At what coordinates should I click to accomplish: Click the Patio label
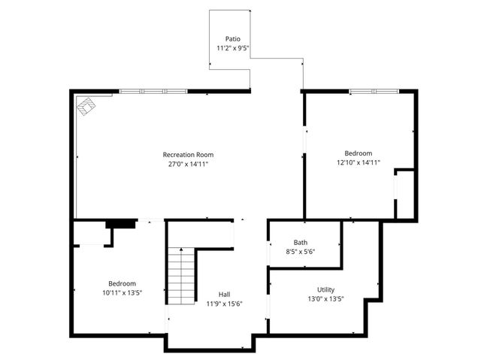coord(233,38)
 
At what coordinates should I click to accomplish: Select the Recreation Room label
coord(183,155)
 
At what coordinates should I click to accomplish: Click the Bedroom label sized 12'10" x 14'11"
coord(358,152)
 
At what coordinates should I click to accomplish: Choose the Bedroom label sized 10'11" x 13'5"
coord(122,283)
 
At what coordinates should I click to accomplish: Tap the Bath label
coord(301,242)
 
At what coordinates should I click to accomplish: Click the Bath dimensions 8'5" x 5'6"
coord(300,252)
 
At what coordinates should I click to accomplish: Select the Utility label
coord(326,289)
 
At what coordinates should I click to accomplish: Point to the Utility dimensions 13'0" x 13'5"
coord(325,298)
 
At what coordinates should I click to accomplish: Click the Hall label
coord(225,294)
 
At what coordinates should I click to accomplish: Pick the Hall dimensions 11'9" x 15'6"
coord(225,304)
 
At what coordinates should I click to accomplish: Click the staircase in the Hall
coord(181,274)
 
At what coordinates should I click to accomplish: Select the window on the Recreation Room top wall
coord(153,92)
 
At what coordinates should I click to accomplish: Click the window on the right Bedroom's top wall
coord(374,92)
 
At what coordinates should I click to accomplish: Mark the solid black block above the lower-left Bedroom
coord(120,223)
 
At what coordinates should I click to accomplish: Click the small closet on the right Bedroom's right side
coord(404,195)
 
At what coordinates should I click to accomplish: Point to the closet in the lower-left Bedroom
coord(91,234)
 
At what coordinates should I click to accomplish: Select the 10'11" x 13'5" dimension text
coord(123,293)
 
